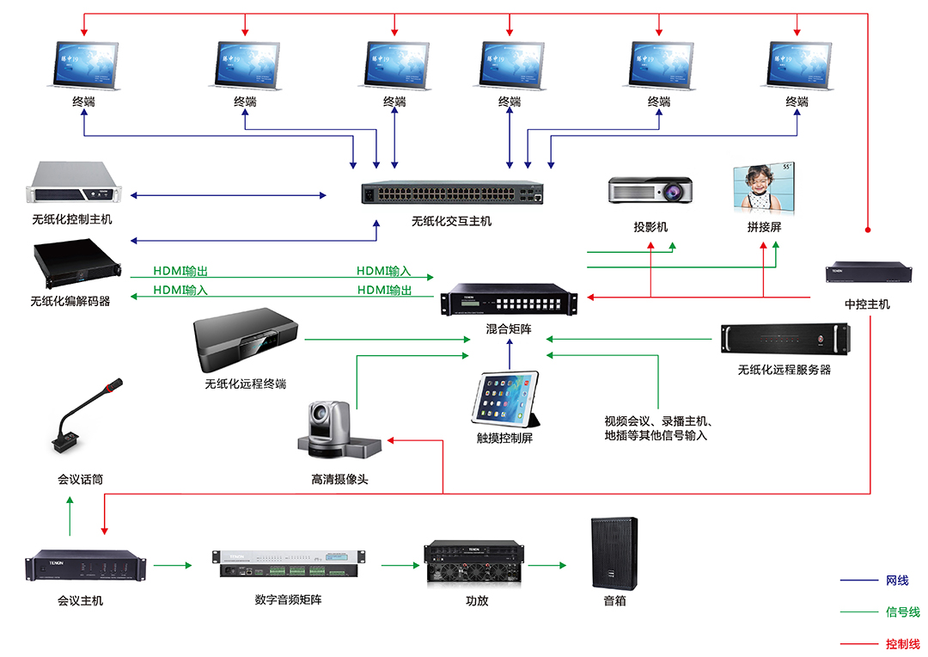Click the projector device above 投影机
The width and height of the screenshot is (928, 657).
(650, 190)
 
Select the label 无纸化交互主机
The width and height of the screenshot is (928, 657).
(451, 221)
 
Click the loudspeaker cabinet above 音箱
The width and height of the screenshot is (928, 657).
(614, 553)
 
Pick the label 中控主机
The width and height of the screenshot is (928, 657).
(867, 304)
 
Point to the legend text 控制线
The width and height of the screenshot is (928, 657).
(902, 643)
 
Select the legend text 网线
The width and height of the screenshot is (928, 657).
(896, 580)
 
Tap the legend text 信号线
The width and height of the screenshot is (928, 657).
(902, 612)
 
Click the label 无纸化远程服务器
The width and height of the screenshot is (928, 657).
(784, 370)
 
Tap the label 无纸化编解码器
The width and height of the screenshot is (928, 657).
(70, 301)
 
